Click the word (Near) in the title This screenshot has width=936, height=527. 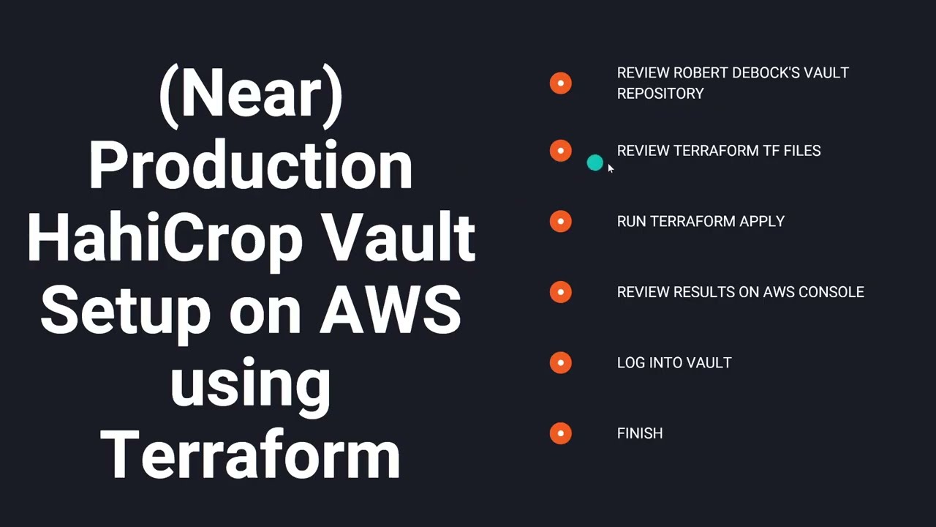251,94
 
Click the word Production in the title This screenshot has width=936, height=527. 251,165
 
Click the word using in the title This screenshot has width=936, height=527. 251,382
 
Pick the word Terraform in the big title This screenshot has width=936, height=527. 251,454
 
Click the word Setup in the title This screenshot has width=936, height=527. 125,310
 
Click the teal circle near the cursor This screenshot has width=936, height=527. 595,163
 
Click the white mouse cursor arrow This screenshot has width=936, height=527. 611,168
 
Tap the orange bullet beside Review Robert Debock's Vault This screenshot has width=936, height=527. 561,83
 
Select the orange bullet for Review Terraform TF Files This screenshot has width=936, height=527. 561,151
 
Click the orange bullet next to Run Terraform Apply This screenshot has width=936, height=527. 561,221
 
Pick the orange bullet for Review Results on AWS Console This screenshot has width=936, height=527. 561,292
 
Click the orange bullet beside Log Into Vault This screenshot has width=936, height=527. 561,362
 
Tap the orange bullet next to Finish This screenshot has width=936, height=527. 561,433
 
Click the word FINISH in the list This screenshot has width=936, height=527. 640,433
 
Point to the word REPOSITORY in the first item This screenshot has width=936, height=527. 660,94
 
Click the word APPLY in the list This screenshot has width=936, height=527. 761,221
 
